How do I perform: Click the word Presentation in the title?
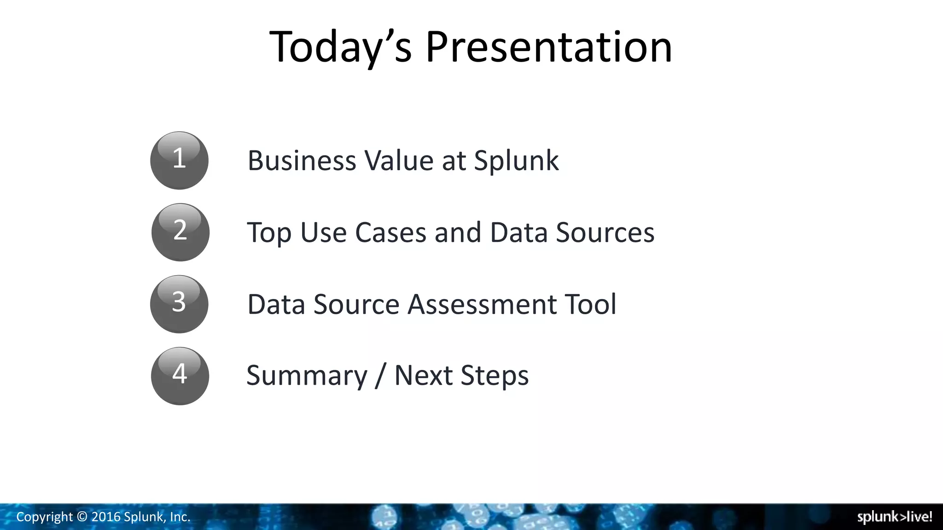pos(548,47)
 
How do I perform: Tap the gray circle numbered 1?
pos(179,160)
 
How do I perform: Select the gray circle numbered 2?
pos(180,232)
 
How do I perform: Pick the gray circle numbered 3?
pos(179,304)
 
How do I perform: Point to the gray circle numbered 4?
pos(180,375)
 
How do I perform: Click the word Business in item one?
pos(302,161)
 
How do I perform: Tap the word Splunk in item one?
pos(516,161)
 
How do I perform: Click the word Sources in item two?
pos(605,232)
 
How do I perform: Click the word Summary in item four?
pos(307,375)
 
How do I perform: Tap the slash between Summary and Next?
pos(380,375)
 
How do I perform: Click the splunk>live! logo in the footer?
pos(894,517)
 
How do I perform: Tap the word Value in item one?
pos(399,161)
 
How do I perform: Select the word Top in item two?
pos(269,232)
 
